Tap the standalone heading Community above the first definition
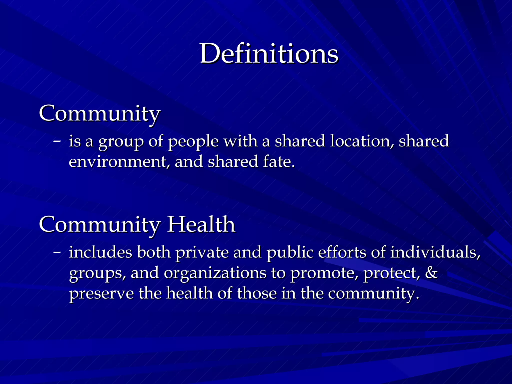click(x=99, y=114)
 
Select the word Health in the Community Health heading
click(x=201, y=224)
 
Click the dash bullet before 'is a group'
click(x=57, y=141)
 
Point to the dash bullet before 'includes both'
click(x=57, y=252)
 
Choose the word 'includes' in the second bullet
click(x=100, y=252)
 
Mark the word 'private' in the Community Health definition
click(x=202, y=252)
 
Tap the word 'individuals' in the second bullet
click(x=435, y=252)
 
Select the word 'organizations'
click(x=215, y=273)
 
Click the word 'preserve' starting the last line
click(x=101, y=293)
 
